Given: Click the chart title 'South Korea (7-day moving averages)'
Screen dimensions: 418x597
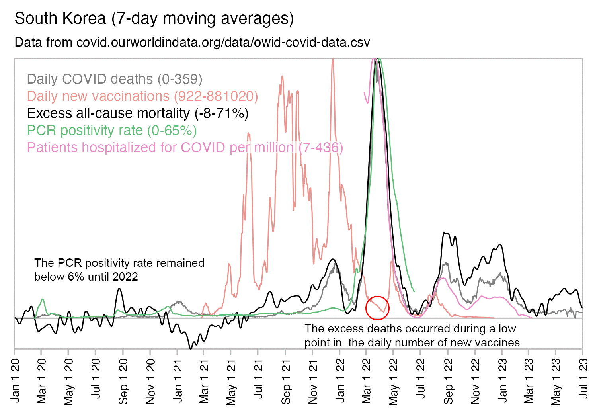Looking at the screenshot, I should coord(154,19).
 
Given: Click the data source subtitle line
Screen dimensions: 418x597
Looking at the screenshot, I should coord(192,42).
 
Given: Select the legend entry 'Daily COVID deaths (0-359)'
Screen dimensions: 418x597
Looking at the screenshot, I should coord(115,79).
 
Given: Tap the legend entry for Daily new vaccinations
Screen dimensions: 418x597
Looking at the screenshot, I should coord(142,96).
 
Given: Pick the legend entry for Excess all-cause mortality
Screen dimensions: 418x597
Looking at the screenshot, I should coord(138,113).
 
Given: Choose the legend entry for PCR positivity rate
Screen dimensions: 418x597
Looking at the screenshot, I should coord(112,130).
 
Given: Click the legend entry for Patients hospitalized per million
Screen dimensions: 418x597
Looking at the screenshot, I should coord(185,147).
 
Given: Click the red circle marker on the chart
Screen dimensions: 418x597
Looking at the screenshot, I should coord(377,308).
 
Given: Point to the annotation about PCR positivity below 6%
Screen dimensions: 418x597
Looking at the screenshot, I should coord(119,270).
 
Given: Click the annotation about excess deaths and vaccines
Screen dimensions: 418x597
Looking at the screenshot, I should coord(412,335).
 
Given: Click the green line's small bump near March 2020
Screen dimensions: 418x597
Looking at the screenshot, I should coord(42,299).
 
